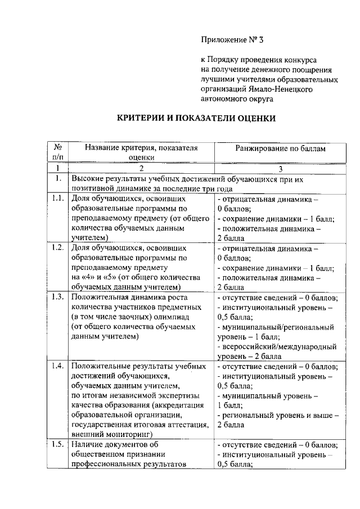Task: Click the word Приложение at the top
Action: point(223,40)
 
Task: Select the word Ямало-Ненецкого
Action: point(283,88)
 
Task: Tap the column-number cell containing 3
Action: point(280,168)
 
